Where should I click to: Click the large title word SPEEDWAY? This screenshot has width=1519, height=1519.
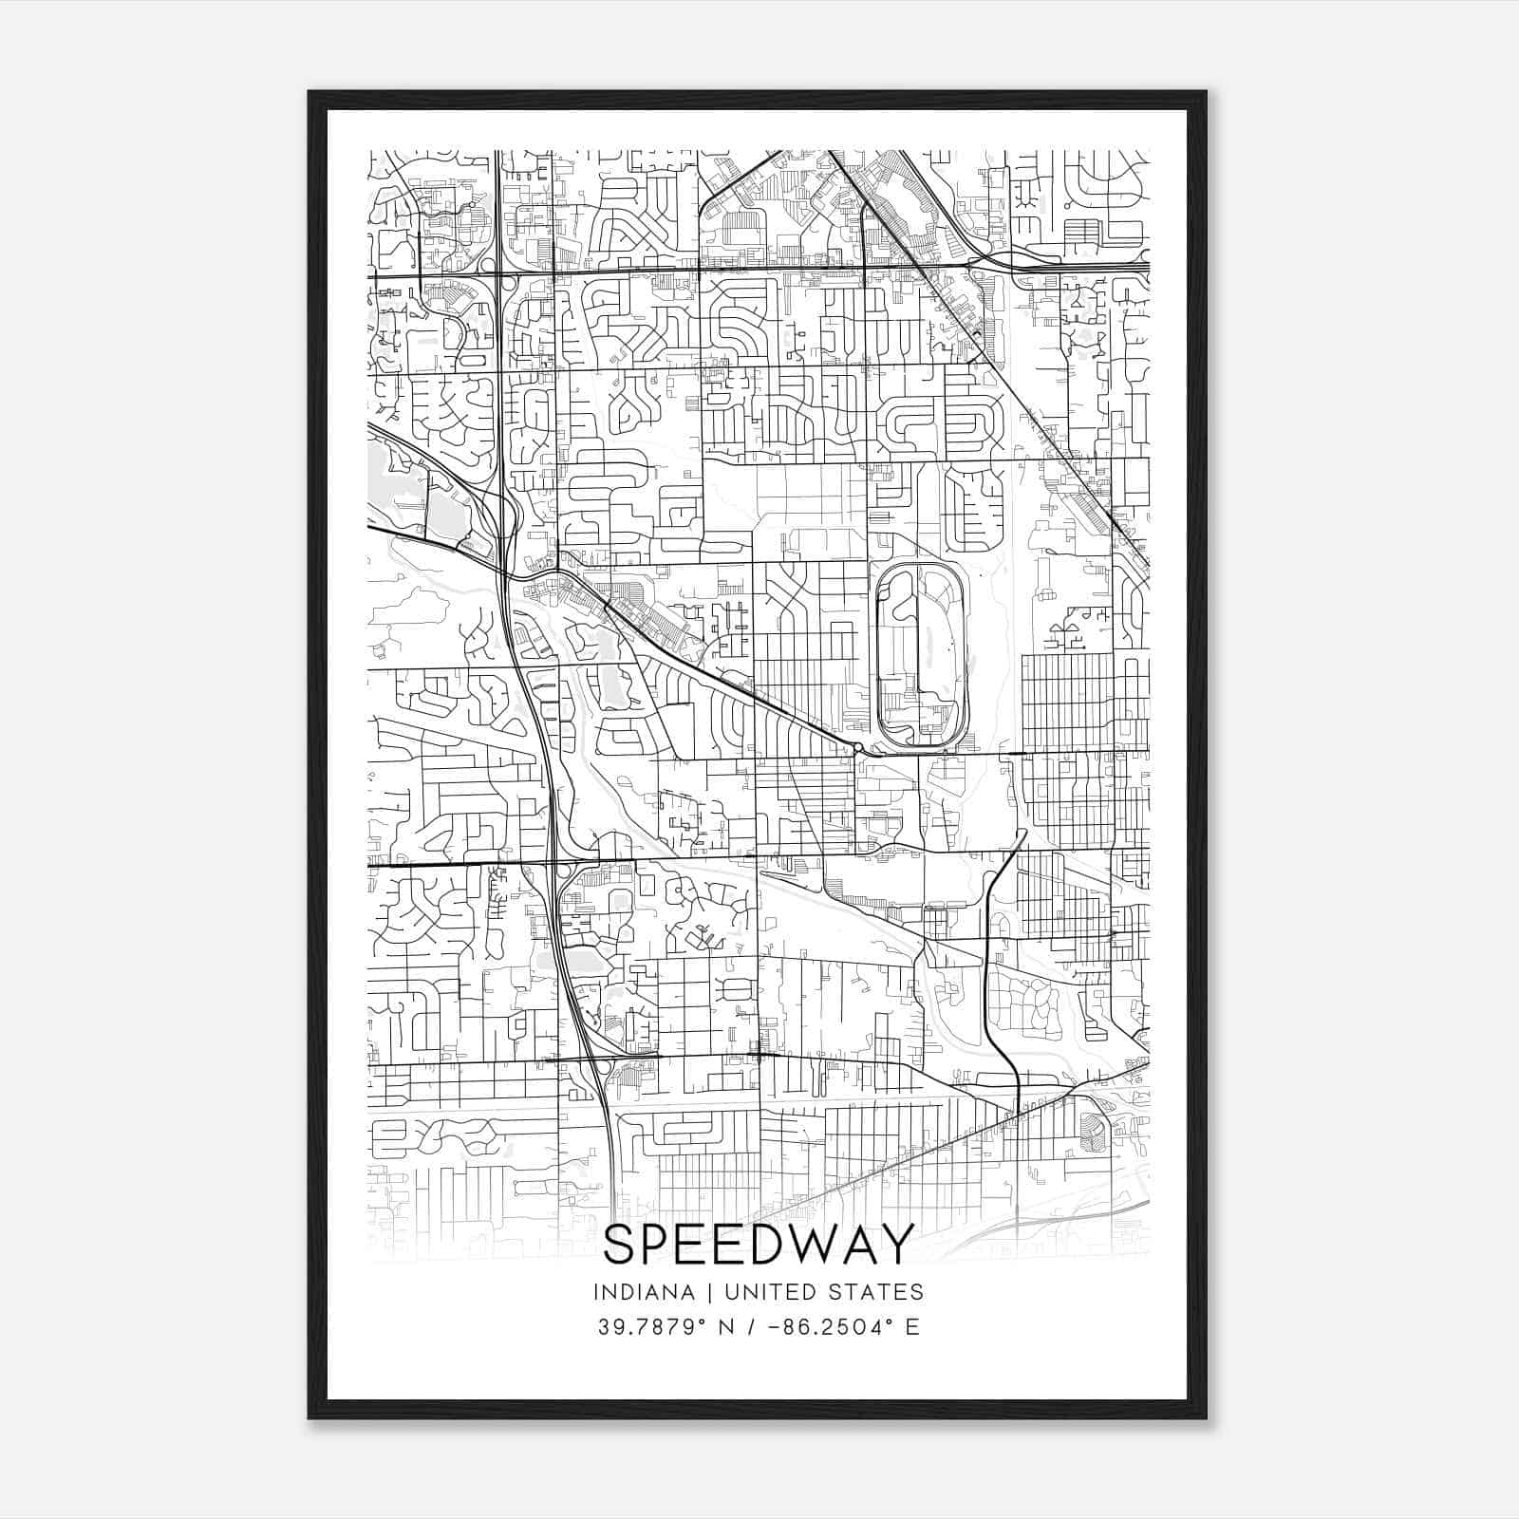[759, 1244]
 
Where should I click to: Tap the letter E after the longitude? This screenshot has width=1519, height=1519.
[912, 1326]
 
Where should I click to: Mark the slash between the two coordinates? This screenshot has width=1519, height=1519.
[753, 1326]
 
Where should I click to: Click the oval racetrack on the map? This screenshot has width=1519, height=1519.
[921, 655]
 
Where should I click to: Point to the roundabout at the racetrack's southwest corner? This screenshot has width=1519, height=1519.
[857, 749]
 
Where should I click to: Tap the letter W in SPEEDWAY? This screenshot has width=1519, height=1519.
[810, 1244]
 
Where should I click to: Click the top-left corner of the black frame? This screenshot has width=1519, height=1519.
[310, 93]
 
